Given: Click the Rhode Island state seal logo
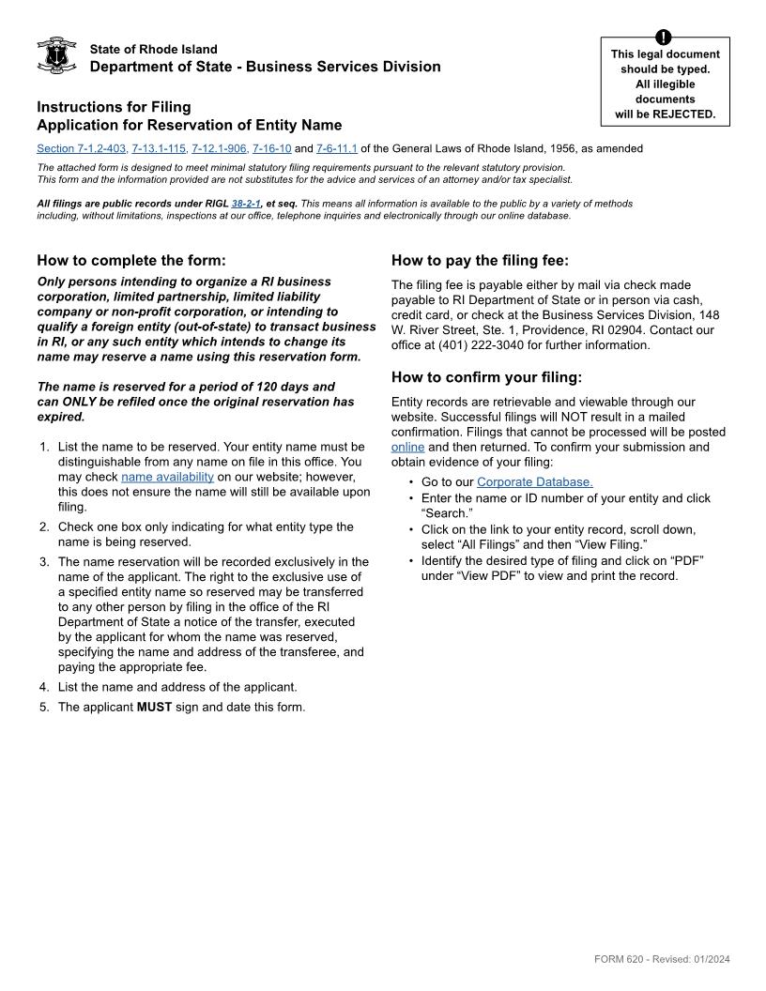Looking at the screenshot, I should tap(56, 56).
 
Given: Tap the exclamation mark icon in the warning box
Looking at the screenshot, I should tap(665, 38).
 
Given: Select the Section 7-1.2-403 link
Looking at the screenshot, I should tap(82, 148).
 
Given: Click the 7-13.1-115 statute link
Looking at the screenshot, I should tap(160, 148).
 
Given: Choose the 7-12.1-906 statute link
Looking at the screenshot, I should tap(220, 148).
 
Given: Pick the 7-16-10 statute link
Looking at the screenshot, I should tap(272, 148).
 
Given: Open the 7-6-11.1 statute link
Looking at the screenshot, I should tap(337, 148).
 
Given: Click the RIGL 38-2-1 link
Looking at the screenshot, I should tap(246, 204).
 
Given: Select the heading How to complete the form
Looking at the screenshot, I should tap(131, 261).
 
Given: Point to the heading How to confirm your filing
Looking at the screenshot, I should tap(486, 378).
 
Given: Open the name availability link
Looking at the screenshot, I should tap(167, 477).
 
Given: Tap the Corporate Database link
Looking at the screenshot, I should tap(534, 482).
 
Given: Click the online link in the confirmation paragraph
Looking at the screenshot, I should tap(407, 447).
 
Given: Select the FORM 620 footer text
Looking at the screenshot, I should tap(662, 959).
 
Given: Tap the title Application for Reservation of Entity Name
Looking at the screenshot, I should tap(190, 125).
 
